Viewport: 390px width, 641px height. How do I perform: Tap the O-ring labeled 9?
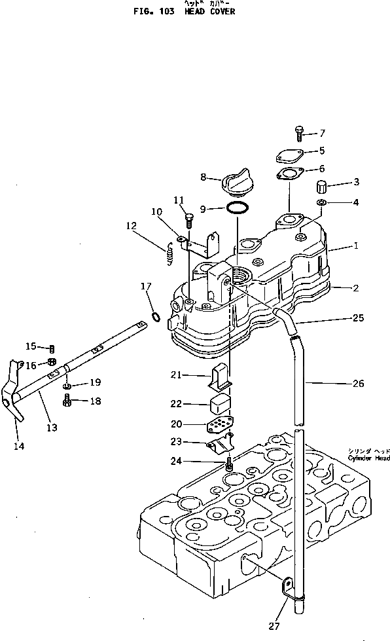click(x=237, y=209)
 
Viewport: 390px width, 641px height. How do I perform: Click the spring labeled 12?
click(x=169, y=253)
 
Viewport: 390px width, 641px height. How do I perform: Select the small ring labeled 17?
click(x=155, y=318)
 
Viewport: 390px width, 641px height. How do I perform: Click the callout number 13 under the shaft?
click(x=51, y=428)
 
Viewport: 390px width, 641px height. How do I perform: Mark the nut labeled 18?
click(x=69, y=402)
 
